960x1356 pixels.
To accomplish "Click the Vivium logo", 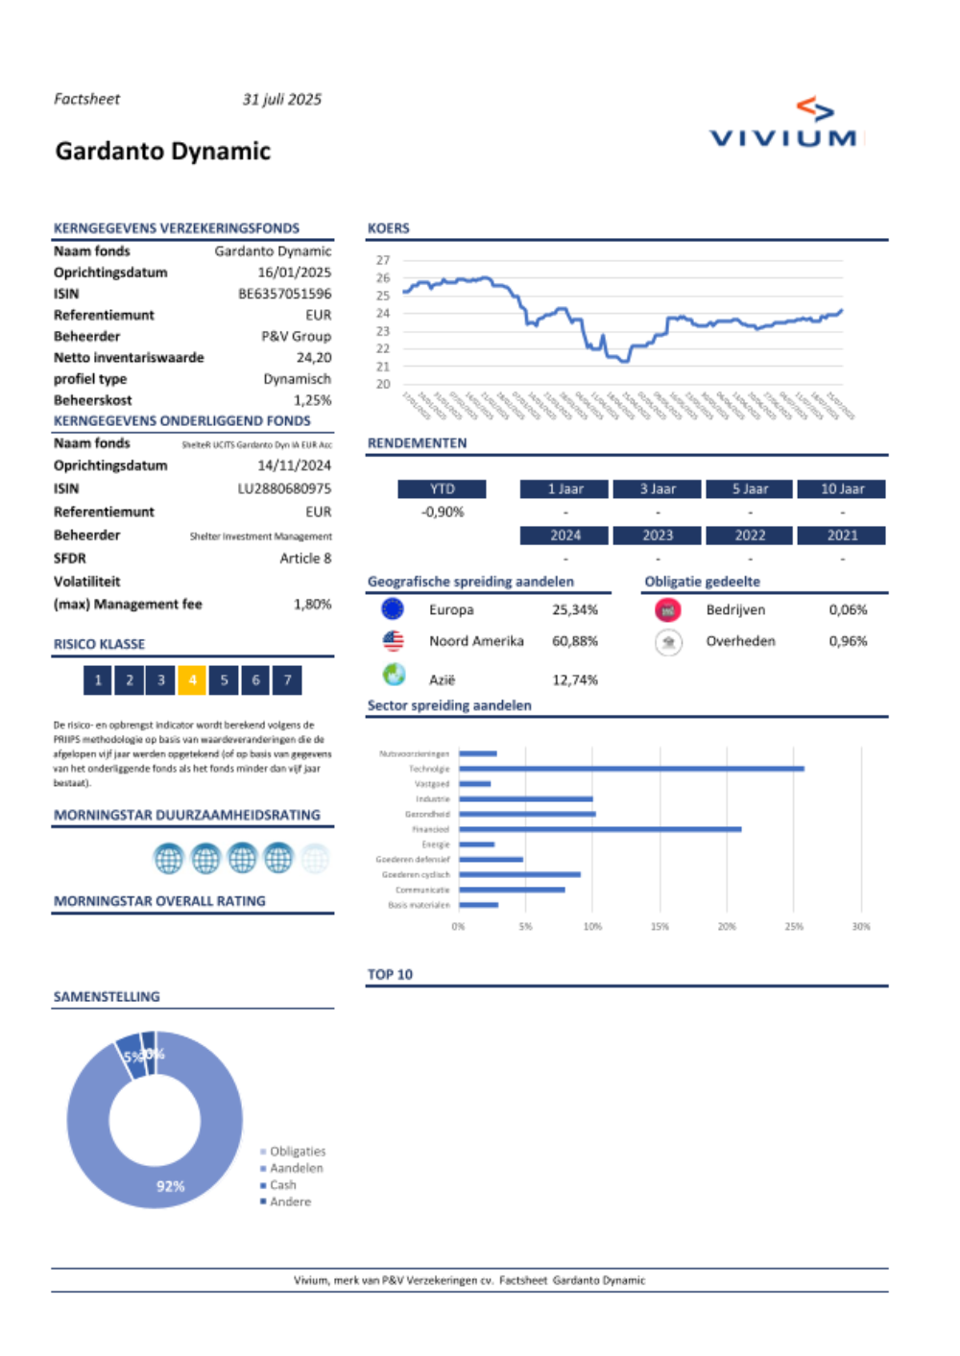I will tap(784, 125).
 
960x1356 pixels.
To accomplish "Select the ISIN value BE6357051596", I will tap(284, 294).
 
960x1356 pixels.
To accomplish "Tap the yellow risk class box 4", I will tap(192, 680).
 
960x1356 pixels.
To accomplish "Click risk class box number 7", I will tap(287, 680).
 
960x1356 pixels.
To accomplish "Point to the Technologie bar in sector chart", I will tap(631, 769).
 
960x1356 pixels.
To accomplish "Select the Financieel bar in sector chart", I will tap(600, 829).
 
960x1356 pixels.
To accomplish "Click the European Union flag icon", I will tap(392, 609).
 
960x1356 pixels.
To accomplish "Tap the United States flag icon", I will tap(393, 641).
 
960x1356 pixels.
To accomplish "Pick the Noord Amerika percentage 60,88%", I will tap(574, 641).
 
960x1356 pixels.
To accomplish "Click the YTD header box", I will tap(442, 489).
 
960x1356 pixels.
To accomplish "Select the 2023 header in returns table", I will tap(658, 535).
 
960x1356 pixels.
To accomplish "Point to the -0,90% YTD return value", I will tap(442, 512).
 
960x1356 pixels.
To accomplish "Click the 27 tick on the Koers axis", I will tap(383, 260).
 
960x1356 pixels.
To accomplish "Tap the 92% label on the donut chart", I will tap(170, 1187).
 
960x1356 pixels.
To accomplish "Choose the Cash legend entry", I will tap(282, 1185).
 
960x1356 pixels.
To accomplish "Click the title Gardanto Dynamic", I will tap(163, 152).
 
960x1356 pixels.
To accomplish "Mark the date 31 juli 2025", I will tap(281, 100).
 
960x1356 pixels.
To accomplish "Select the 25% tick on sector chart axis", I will tap(794, 927).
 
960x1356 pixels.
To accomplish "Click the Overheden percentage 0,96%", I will tap(848, 641).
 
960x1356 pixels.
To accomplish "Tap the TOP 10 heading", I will tap(390, 975).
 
